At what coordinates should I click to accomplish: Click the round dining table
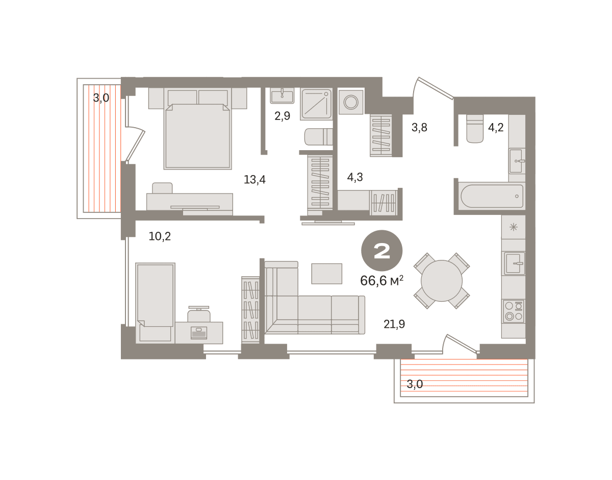pyautogui.click(x=441, y=281)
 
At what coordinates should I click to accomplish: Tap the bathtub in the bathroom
pyautogui.click(x=492, y=196)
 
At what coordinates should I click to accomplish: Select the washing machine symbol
pyautogui.click(x=351, y=102)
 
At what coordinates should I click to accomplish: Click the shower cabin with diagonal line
pyautogui.click(x=316, y=104)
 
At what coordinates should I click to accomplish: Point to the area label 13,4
pyautogui.click(x=254, y=180)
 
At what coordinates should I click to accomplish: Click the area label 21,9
pyautogui.click(x=394, y=324)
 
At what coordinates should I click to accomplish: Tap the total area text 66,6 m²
pyautogui.click(x=381, y=280)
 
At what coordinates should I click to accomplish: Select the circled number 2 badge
pyautogui.click(x=381, y=251)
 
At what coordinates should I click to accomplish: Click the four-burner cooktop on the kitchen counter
pyautogui.click(x=514, y=311)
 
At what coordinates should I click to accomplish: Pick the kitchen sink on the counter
pyautogui.click(x=514, y=263)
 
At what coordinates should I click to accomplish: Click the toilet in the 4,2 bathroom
pyautogui.click(x=475, y=129)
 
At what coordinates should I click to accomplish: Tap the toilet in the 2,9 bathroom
pyautogui.click(x=319, y=137)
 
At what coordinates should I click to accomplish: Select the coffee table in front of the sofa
pyautogui.click(x=327, y=274)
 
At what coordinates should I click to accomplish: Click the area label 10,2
pyautogui.click(x=160, y=236)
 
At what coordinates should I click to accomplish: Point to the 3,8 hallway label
pyautogui.click(x=419, y=127)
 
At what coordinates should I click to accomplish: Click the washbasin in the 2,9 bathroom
pyautogui.click(x=282, y=95)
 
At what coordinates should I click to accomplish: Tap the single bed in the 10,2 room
pyautogui.click(x=155, y=303)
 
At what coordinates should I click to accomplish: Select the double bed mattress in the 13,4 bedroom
pyautogui.click(x=198, y=136)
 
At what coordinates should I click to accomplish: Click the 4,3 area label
pyautogui.click(x=355, y=177)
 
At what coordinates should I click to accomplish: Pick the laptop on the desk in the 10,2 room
pyautogui.click(x=199, y=333)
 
